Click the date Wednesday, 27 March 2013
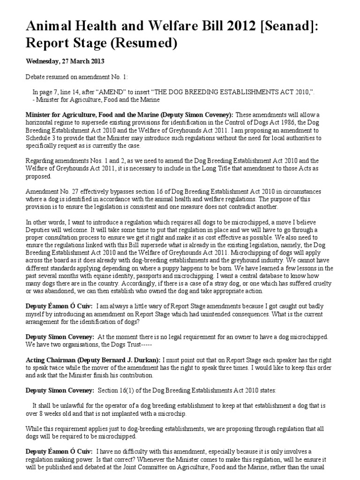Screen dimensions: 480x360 (65, 61)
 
